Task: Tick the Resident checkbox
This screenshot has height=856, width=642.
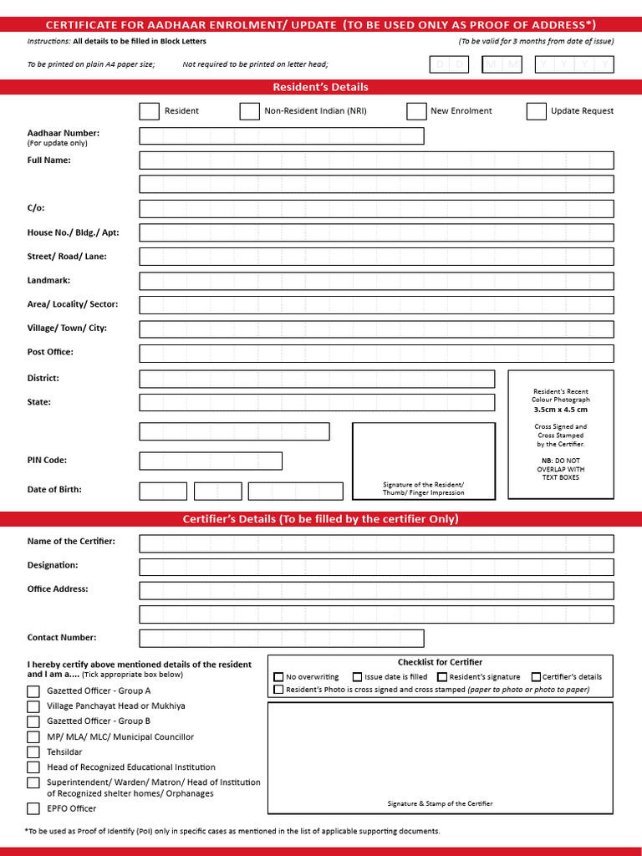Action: (149, 111)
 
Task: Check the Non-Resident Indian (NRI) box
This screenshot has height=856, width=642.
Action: (249, 111)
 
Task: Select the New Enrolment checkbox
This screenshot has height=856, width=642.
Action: (416, 111)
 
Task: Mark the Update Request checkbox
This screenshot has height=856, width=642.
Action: (537, 111)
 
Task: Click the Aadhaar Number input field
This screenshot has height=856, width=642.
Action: (281, 136)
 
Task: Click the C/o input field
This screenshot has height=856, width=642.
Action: (376, 209)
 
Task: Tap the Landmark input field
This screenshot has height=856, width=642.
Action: (376, 281)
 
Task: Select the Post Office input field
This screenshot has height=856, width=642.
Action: (376, 353)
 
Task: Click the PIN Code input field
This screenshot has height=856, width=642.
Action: (211, 461)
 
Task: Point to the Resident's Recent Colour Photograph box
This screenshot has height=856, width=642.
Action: (561, 435)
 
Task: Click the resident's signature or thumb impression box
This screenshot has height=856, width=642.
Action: (423, 461)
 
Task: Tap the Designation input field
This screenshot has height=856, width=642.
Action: (376, 567)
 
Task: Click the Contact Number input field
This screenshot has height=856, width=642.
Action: (281, 639)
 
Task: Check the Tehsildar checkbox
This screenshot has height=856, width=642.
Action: (33, 752)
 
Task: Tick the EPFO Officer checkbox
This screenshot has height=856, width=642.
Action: (33, 808)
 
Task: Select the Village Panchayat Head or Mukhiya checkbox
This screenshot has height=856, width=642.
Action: (33, 706)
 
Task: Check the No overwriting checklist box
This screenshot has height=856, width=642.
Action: (279, 677)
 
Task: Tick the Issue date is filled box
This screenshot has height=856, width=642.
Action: (358, 677)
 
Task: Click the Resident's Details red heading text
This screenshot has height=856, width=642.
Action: (320, 87)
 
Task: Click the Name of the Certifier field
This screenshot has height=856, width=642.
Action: (376, 543)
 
